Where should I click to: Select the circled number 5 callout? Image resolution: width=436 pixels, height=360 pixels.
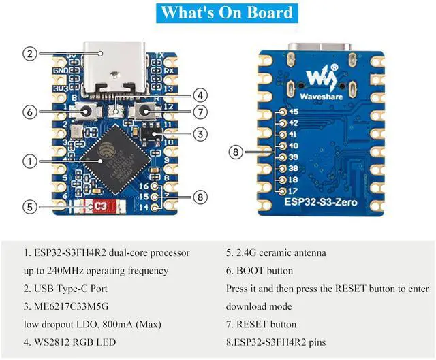[29, 207]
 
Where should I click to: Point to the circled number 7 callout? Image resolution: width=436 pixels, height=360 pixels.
[200, 112]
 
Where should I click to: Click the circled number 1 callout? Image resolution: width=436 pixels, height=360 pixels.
[29, 161]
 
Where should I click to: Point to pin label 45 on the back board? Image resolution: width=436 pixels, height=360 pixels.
[294, 112]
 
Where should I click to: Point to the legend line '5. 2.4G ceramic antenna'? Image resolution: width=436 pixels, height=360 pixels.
[276, 252]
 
